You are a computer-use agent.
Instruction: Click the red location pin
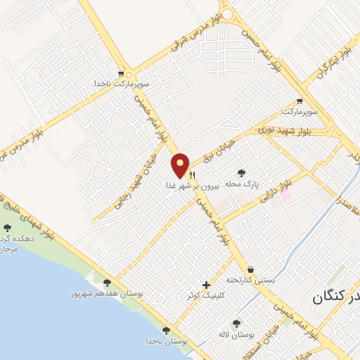180,165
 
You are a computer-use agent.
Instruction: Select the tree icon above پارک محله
242,172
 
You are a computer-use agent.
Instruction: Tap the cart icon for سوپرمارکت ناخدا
123,72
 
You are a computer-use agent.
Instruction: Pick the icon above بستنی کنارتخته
250,269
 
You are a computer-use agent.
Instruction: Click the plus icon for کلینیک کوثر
206,285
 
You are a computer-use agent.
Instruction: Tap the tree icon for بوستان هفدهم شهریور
107,282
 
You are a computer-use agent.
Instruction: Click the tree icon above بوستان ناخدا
166,330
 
